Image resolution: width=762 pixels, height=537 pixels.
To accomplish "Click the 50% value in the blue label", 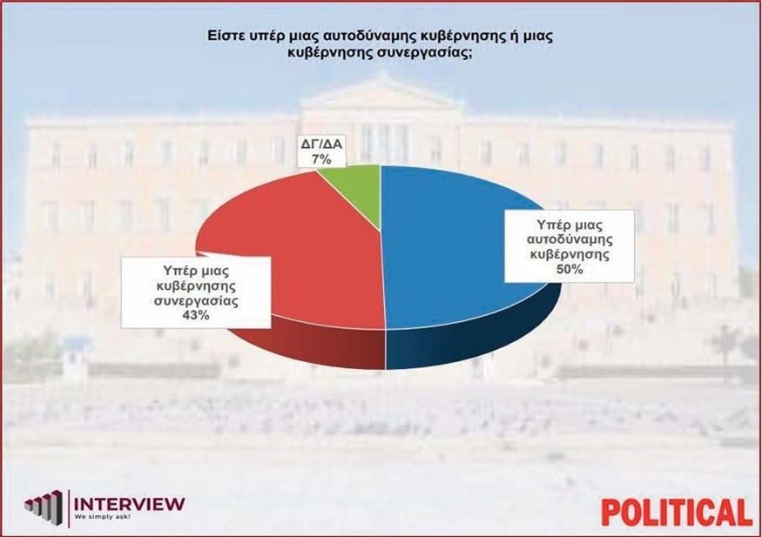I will (x=565, y=271).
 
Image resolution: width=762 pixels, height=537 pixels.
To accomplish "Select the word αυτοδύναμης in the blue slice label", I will (x=565, y=241).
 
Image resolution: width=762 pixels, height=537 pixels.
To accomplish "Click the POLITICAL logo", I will (x=676, y=512).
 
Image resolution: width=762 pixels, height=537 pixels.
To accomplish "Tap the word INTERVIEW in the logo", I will (x=130, y=503).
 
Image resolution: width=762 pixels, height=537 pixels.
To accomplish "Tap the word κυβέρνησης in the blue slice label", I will (x=565, y=256).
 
